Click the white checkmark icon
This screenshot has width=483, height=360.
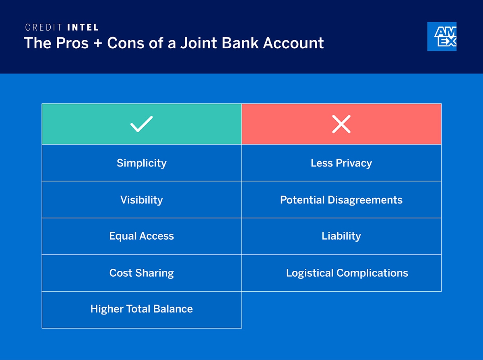coord(141,124)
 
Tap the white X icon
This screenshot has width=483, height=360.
coord(341,124)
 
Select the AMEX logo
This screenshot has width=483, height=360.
coord(442,37)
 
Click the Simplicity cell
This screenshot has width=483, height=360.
coord(141,163)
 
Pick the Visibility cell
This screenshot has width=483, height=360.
coord(141,200)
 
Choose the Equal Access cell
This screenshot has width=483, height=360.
coord(141,236)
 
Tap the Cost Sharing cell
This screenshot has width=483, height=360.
coord(141,273)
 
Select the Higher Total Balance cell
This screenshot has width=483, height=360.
coord(141,309)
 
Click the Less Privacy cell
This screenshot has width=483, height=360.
coord(341,163)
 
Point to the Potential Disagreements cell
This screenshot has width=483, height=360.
coord(341,200)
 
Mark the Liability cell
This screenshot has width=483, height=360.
coord(341,236)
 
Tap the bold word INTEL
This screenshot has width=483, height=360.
coord(83,28)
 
